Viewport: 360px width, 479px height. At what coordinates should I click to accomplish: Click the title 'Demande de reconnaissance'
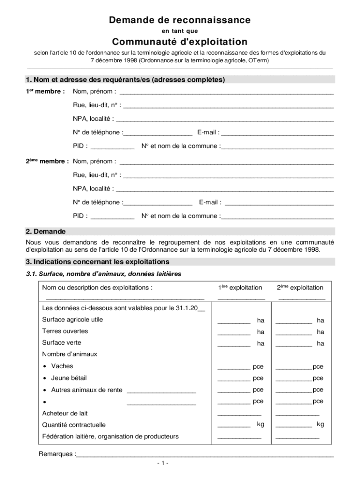[x=180, y=20]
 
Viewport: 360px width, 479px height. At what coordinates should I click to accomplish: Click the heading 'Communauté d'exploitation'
[x=180, y=42]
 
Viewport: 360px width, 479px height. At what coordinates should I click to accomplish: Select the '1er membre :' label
[x=45, y=91]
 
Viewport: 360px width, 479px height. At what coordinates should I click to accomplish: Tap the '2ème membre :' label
[x=47, y=161]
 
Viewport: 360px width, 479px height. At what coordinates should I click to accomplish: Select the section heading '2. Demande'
[x=46, y=232]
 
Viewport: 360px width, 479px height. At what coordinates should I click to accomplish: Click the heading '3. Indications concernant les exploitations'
[x=98, y=262]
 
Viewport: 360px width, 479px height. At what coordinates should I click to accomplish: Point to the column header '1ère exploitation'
[x=240, y=288]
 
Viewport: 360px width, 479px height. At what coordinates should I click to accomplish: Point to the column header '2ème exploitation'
[x=300, y=288]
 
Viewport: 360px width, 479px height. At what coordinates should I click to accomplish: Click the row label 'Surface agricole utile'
[x=72, y=320]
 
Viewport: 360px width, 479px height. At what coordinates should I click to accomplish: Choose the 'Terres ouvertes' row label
[x=65, y=331]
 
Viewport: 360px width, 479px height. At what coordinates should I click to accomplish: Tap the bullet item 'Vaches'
[x=62, y=366]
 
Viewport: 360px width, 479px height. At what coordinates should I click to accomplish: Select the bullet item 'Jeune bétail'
[x=69, y=378]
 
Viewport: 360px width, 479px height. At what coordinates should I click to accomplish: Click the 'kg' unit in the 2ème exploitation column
[x=320, y=424]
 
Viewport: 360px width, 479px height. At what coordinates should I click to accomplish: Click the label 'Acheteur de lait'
[x=65, y=414]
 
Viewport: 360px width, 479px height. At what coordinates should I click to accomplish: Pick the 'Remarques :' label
[x=57, y=454]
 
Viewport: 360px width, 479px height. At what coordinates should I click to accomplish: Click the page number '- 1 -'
[x=163, y=463]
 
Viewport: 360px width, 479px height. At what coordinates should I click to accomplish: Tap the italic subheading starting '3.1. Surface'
[x=103, y=274]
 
